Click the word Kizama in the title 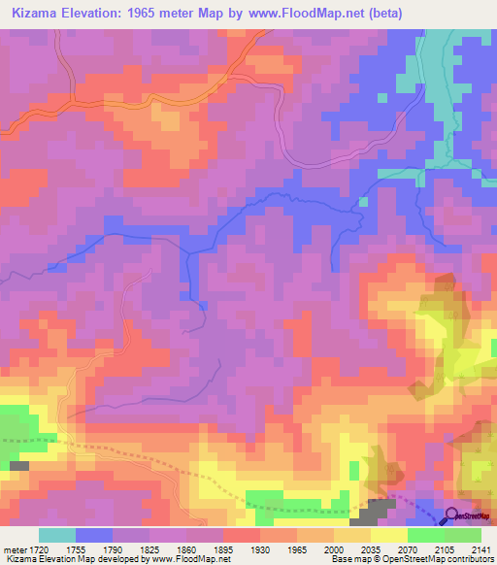pyautogui.click(x=38, y=15)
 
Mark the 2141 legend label pyautogui.click(x=481, y=549)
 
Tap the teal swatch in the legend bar pyautogui.click(x=57, y=535)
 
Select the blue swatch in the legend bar pyautogui.click(x=94, y=535)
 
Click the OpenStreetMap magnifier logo pyautogui.click(x=453, y=515)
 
